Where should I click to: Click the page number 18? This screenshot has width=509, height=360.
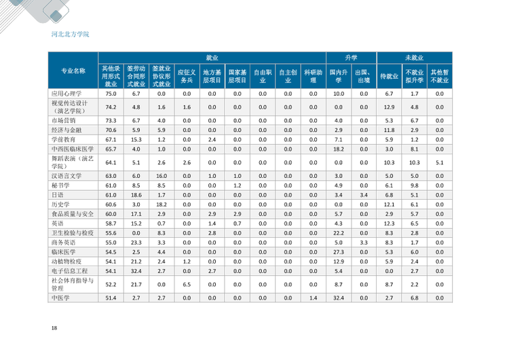[x=54, y=328]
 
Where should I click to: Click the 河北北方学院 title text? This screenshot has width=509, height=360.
[x=70, y=34]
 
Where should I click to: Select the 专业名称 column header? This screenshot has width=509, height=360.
[x=73, y=71]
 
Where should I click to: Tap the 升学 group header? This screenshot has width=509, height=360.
[x=351, y=58]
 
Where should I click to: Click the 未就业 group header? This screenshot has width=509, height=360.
[x=414, y=58]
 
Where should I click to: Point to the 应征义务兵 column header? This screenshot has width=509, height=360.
[x=187, y=76]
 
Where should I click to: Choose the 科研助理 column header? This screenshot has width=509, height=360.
[x=314, y=76]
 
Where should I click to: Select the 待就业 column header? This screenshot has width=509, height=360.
[x=389, y=76]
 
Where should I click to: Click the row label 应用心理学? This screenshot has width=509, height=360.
[x=67, y=94]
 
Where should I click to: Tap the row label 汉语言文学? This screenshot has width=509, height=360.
[x=67, y=176]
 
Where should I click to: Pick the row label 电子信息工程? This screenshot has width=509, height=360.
[x=69, y=271]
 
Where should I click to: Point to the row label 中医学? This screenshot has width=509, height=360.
[x=60, y=298]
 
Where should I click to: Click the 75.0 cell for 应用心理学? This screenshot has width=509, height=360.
[x=111, y=94]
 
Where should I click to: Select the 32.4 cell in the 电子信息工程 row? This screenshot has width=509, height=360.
[x=136, y=271]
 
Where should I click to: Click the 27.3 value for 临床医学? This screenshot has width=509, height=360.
[x=338, y=252]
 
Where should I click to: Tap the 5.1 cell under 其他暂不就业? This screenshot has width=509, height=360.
[x=440, y=162]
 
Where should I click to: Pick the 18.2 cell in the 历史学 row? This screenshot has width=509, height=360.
[x=162, y=204]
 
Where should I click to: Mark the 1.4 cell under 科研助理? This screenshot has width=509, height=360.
[x=314, y=298]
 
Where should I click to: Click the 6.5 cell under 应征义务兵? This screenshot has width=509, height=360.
[x=187, y=285]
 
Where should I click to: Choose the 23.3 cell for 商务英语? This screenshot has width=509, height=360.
[x=136, y=242]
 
